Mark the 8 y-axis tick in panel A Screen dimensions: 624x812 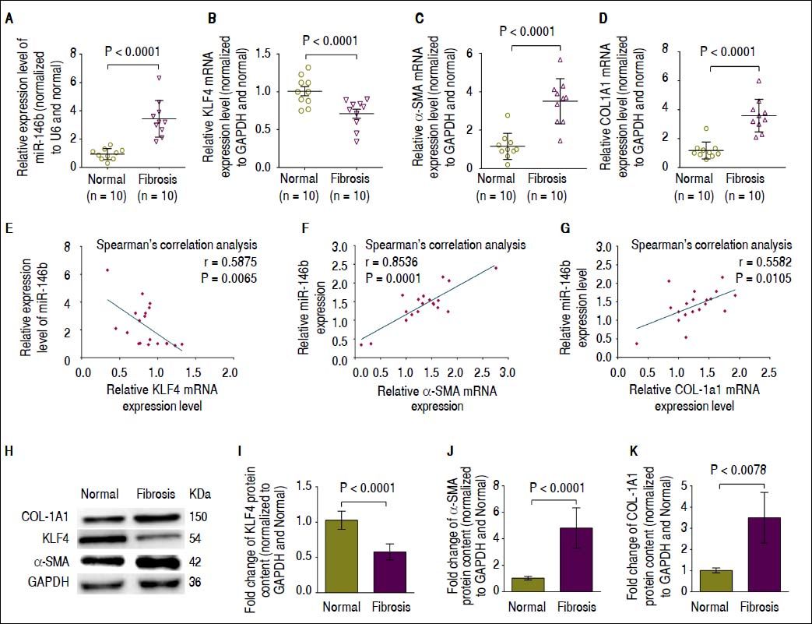tap(73, 54)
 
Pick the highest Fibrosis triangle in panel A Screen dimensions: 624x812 tap(158, 78)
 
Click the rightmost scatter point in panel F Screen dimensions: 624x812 tap(496, 268)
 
